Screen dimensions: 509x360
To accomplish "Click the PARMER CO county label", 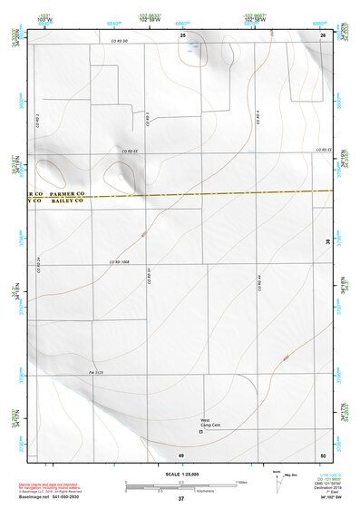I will (67, 194).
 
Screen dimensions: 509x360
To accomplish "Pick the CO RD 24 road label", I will (38, 263).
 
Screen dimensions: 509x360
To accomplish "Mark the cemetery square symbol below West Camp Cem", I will (202, 432).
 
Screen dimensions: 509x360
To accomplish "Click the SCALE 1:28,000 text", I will (180, 475).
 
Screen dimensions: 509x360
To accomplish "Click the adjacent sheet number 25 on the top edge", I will (182, 34).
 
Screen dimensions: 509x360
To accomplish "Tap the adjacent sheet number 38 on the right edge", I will (328, 240).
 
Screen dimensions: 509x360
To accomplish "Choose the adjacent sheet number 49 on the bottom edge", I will (180, 453).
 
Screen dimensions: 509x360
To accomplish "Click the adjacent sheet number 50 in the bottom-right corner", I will (322, 453).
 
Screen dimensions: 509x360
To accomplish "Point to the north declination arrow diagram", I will (277, 479).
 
